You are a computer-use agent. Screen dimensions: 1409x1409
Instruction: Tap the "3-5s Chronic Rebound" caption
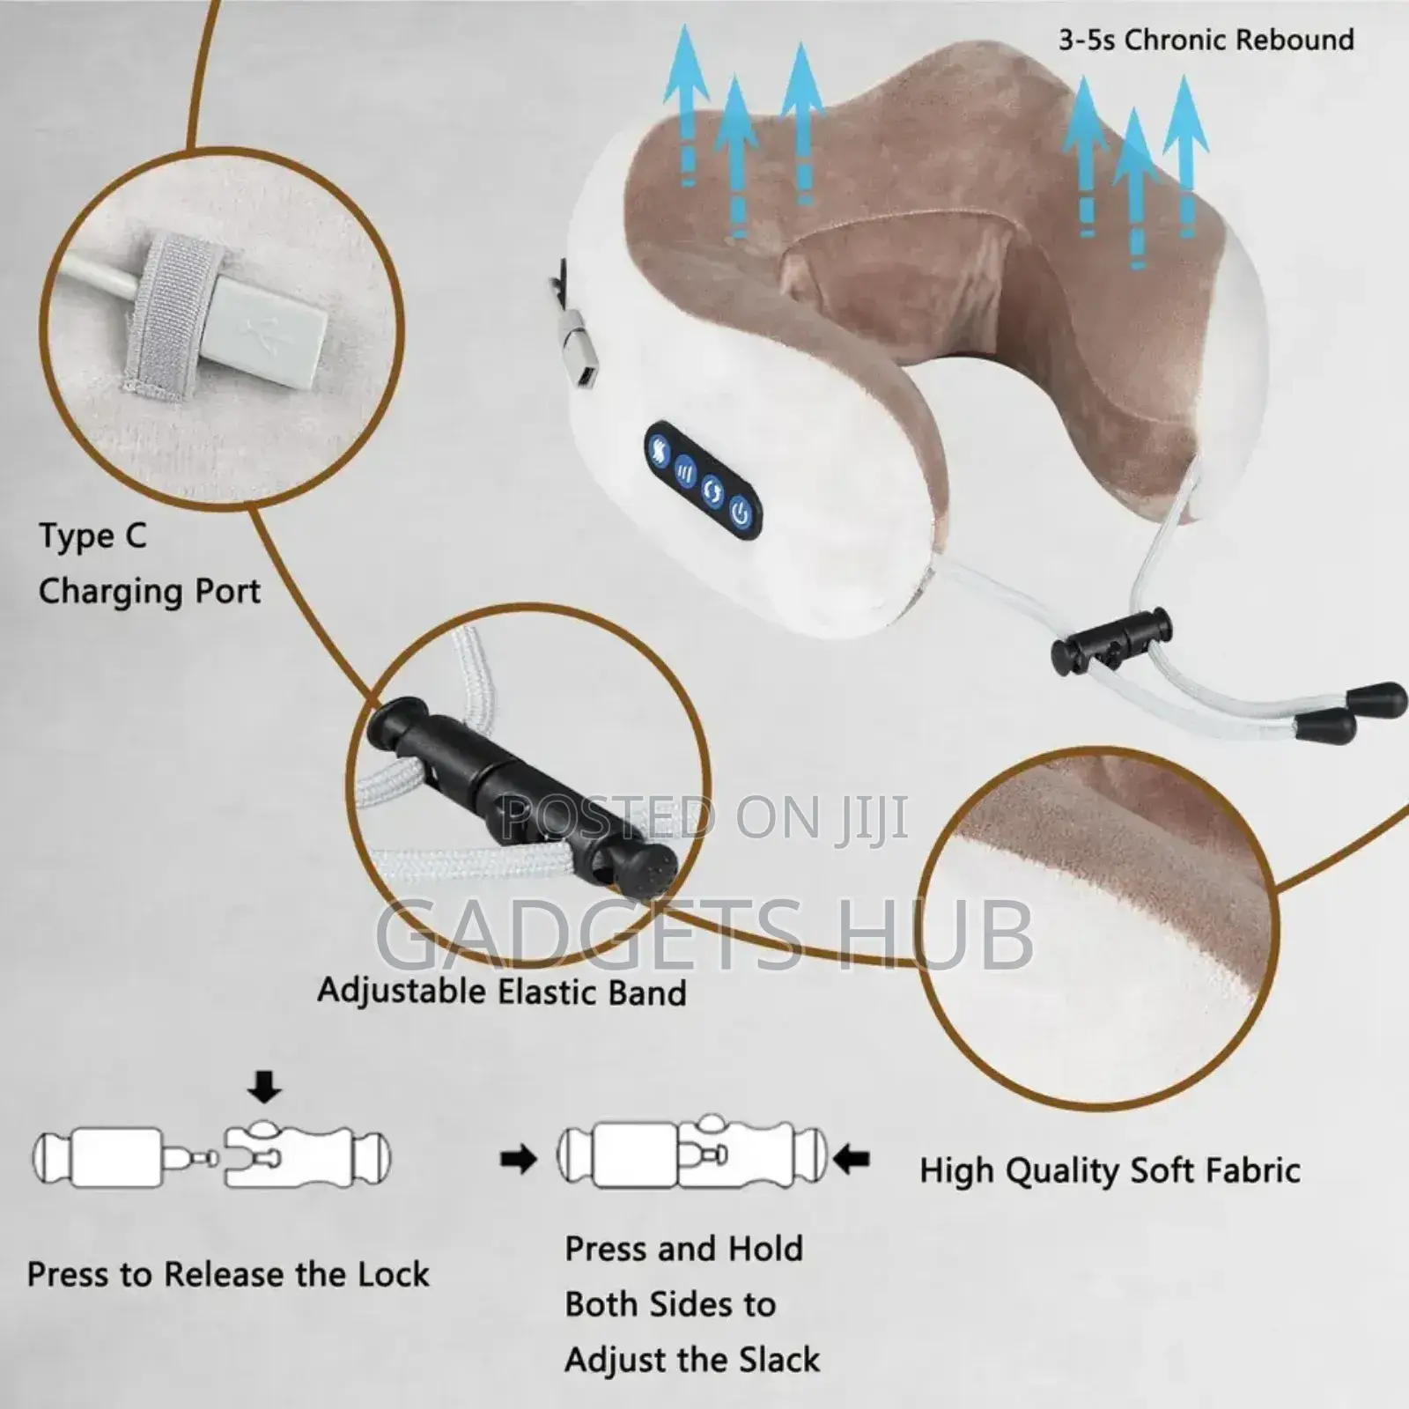(x=1206, y=40)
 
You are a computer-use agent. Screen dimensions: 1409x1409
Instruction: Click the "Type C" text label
(x=92, y=536)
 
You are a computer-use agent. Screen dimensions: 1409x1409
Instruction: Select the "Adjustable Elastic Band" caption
(x=502, y=992)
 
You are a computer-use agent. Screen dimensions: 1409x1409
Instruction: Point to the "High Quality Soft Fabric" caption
(x=1110, y=1171)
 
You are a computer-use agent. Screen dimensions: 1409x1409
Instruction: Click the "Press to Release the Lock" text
(x=228, y=1274)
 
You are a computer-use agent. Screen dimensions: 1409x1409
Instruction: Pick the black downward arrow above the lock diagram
(x=264, y=1090)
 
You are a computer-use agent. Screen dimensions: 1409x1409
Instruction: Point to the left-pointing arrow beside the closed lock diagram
(x=851, y=1160)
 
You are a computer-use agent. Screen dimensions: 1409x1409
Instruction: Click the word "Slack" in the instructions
(x=779, y=1361)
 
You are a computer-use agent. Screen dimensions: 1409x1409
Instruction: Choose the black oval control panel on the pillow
(x=703, y=480)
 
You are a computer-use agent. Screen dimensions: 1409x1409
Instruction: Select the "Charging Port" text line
(x=150, y=592)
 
